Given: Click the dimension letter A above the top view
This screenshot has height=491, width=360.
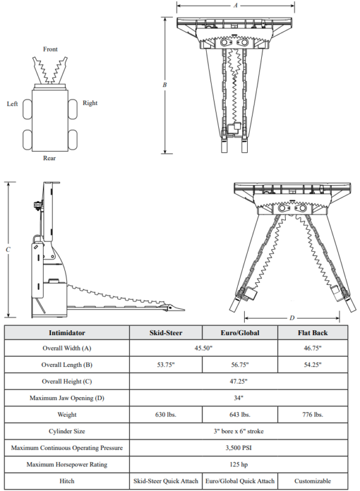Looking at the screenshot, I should pyautogui.click(x=236, y=6).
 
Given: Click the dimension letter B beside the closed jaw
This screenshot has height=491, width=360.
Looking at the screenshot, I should pyautogui.click(x=164, y=85).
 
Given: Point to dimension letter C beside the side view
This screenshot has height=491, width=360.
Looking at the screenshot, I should pyautogui.click(x=7, y=249).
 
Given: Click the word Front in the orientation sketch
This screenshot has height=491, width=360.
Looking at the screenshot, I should pyautogui.click(x=51, y=49).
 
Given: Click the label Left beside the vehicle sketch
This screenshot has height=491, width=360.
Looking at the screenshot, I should pyautogui.click(x=12, y=104).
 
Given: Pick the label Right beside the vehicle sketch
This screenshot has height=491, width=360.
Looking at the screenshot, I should pyautogui.click(x=90, y=103).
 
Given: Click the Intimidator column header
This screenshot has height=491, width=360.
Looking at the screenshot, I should pyautogui.click(x=67, y=333).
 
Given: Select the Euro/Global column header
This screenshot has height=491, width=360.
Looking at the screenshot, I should pyautogui.click(x=240, y=333).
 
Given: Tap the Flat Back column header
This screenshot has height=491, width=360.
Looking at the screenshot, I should pyautogui.click(x=313, y=333).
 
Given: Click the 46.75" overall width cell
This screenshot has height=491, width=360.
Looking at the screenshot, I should pyautogui.click(x=313, y=349).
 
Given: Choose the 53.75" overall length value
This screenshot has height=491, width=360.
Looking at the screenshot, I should pyautogui.click(x=166, y=365).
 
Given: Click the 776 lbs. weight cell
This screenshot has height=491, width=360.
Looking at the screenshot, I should pyautogui.click(x=313, y=415).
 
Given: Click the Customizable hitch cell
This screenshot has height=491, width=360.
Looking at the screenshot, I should pyautogui.click(x=313, y=481).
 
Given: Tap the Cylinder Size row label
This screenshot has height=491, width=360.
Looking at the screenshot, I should pyautogui.click(x=67, y=431).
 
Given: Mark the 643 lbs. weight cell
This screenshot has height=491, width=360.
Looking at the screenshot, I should pyautogui.click(x=240, y=415).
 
